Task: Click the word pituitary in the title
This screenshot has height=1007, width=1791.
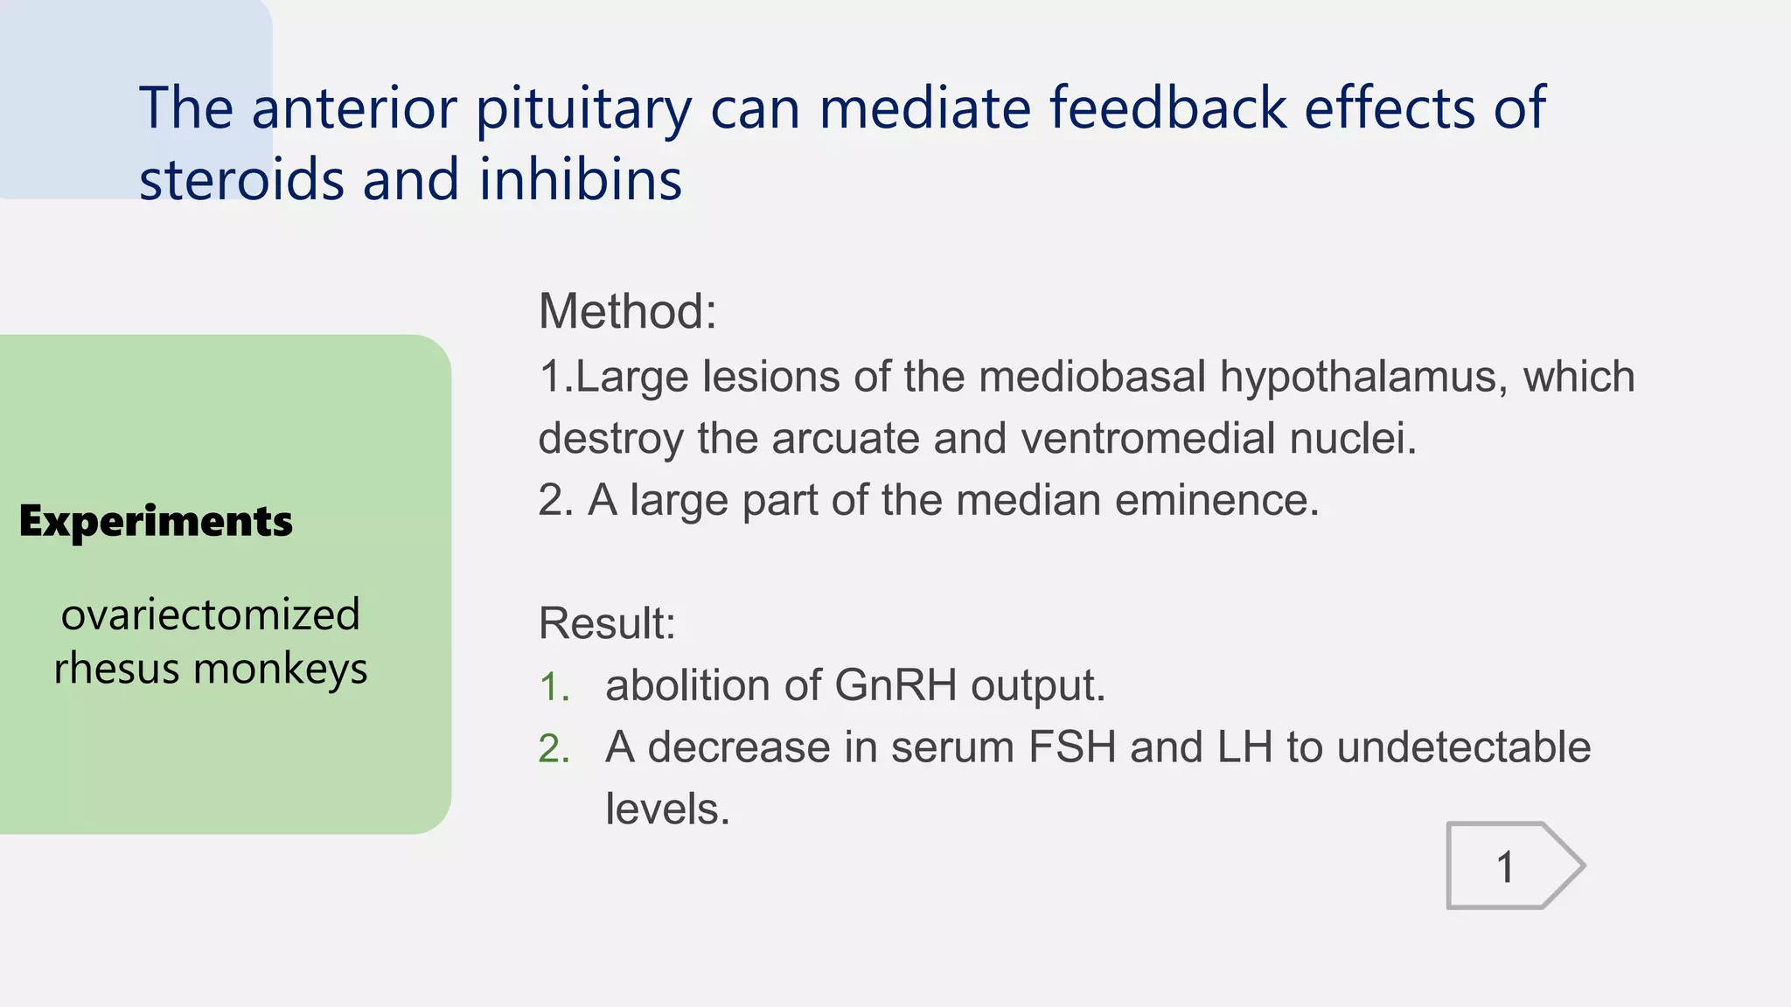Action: tap(583, 108)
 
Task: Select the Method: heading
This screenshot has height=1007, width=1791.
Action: tap(627, 311)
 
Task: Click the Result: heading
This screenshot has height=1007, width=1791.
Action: tap(607, 623)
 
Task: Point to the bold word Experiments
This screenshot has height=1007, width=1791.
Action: tap(156, 522)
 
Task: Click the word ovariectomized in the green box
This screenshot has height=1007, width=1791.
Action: tap(210, 615)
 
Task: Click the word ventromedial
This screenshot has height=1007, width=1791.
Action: tap(1147, 438)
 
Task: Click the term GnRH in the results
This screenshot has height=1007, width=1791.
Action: tap(895, 684)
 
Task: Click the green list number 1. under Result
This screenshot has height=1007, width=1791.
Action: tap(554, 687)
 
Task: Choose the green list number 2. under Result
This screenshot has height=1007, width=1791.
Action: tap(554, 749)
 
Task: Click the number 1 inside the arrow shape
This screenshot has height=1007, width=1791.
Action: tap(1505, 867)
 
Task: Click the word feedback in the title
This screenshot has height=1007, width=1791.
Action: tap(1167, 108)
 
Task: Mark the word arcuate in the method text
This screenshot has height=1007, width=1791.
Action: tap(845, 438)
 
